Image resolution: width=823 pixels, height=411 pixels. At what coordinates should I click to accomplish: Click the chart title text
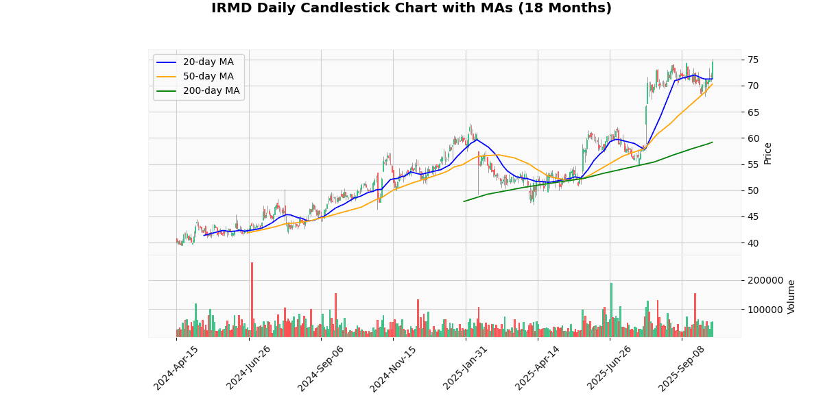coord(411,8)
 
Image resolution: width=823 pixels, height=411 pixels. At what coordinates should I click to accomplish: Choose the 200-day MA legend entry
coord(211,91)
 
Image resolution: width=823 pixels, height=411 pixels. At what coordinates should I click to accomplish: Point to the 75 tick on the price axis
coord(753,60)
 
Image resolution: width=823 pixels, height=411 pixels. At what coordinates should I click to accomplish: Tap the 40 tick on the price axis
coord(753,243)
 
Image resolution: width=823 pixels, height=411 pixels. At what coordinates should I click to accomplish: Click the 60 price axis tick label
coord(753,138)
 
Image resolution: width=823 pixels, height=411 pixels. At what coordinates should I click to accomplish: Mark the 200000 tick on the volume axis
coord(765,281)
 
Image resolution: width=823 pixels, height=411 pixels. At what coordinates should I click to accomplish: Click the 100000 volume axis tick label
coord(765,310)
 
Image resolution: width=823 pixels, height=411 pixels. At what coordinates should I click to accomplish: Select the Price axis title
coord(767,153)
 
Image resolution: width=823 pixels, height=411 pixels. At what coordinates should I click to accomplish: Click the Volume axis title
coord(791,297)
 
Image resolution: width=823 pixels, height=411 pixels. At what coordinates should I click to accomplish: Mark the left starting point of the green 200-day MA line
coord(464,201)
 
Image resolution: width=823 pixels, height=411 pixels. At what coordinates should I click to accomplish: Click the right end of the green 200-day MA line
coord(713,142)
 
